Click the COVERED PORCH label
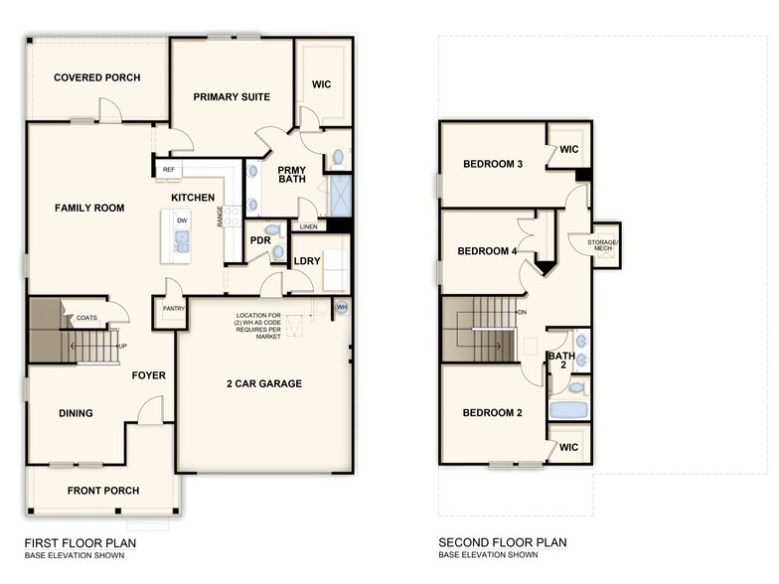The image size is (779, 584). (96, 77)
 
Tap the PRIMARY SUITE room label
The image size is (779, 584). (232, 96)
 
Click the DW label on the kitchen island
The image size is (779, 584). (182, 220)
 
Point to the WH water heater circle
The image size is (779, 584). (342, 307)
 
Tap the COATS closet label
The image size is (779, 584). (87, 319)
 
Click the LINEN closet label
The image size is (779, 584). (306, 226)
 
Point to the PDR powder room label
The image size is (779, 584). (261, 240)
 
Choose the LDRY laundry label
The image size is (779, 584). (307, 261)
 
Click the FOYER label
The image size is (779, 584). (149, 375)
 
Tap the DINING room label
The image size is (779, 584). (76, 413)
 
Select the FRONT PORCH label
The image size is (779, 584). (103, 491)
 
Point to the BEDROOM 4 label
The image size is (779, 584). (487, 251)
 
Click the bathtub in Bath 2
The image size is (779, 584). (568, 409)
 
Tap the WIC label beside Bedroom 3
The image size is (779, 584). (568, 149)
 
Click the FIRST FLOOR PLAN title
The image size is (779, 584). (79, 543)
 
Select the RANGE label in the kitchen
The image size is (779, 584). (221, 216)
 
